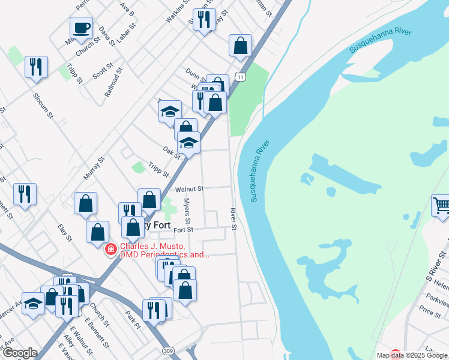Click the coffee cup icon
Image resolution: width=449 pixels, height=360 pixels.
(x=81, y=28)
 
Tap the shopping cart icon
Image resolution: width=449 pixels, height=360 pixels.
(x=441, y=206)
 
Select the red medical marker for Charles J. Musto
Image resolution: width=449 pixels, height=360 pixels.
(x=111, y=249)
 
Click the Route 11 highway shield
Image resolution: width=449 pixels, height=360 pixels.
(x=240, y=77)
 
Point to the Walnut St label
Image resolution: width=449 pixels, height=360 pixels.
(x=190, y=188)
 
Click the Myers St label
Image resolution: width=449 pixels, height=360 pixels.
(x=187, y=212)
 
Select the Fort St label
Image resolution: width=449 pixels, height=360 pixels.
(x=183, y=230)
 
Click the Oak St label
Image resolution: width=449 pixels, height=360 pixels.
(x=172, y=153)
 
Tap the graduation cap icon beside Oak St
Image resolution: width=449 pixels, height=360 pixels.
(x=188, y=143)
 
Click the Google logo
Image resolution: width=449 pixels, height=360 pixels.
(x=19, y=353)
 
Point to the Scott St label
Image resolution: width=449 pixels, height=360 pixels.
(x=103, y=72)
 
